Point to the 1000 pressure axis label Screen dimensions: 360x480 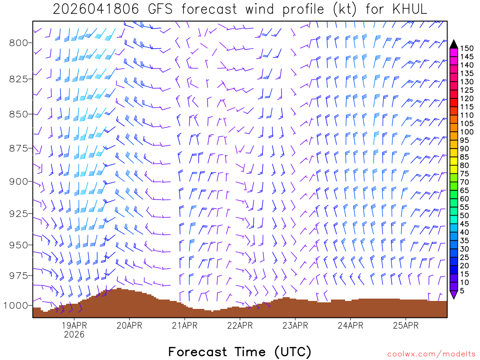(16, 306)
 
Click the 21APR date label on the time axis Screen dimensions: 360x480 (184, 326)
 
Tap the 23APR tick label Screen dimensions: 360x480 (295, 326)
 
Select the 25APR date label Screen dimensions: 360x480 (405, 326)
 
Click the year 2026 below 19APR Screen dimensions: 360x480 (74, 335)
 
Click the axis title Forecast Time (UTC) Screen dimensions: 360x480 (240, 352)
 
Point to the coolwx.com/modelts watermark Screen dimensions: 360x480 (431, 354)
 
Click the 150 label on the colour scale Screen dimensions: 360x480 (467, 48)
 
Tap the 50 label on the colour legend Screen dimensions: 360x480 (465, 216)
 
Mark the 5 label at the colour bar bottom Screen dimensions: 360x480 (463, 291)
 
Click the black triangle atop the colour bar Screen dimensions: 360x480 (454, 44)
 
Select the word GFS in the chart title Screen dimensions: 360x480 (158, 9)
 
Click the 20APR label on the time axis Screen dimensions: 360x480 (129, 326)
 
